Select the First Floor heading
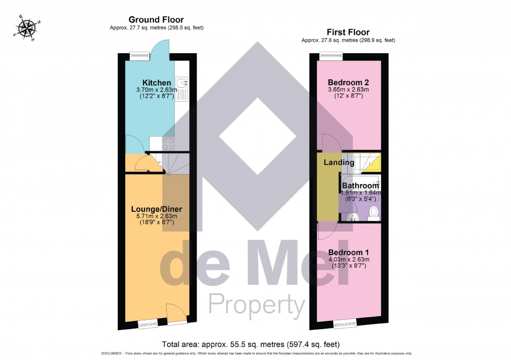[x=348, y=32]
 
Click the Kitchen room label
[x=157, y=83]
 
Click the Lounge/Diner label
[x=156, y=209]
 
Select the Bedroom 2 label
[x=348, y=82]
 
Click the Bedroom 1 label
[x=348, y=252]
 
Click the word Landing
[x=339, y=163]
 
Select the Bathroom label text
[x=360, y=186]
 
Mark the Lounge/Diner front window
[x=148, y=325]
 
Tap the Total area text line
[x=251, y=344]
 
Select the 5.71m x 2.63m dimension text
[x=156, y=217]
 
